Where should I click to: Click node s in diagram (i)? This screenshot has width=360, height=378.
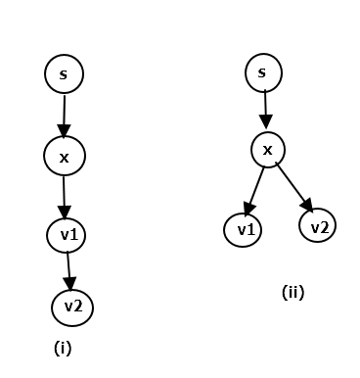coord(65,73)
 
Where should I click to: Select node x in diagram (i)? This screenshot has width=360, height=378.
coord(65,155)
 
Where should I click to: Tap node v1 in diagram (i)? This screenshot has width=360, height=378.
coord(67,235)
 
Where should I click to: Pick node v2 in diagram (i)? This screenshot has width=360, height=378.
coord(72,307)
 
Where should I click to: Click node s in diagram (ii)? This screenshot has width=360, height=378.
coord(262,71)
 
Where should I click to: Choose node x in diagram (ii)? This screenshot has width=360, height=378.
coord(268,149)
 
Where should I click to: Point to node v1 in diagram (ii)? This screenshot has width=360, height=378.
coord(243,230)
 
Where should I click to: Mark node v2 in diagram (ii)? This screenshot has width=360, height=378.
coord(317,226)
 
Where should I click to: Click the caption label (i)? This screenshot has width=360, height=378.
coord(63,347)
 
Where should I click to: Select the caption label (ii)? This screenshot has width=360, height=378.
coord(292,291)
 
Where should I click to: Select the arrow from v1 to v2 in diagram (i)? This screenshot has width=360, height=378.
coord(68,269)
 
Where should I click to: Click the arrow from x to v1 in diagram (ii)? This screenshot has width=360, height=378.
coord(255,189)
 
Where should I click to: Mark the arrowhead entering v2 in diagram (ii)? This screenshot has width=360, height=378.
coord(307,205)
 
